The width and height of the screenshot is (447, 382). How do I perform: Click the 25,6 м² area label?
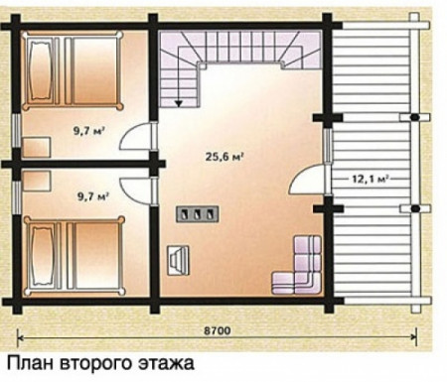coord(224,156)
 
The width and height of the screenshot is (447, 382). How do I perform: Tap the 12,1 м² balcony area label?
coord(370,179)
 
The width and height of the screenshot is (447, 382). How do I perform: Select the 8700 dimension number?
coord(217,330)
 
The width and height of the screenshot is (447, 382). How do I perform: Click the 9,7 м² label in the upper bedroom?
coord(89,131)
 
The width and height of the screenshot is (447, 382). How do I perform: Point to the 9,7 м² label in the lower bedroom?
coord(93,196)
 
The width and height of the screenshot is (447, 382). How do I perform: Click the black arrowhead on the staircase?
coord(179,103)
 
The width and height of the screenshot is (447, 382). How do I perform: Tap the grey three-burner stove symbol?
coord(197,214)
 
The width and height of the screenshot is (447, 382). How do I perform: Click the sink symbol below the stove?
coord(178,260)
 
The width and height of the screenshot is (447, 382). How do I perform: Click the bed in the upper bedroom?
coord(73,70)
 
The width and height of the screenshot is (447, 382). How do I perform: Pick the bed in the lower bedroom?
coord(74,255)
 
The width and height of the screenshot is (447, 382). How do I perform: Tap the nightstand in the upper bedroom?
coord(37,147)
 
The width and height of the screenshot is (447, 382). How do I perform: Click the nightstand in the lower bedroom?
coord(37,181)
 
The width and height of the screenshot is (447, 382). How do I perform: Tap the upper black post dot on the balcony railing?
coord(414,117)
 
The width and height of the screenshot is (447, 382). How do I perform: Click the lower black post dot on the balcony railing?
coord(415,208)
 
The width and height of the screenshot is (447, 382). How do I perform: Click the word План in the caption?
coord(30,363)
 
